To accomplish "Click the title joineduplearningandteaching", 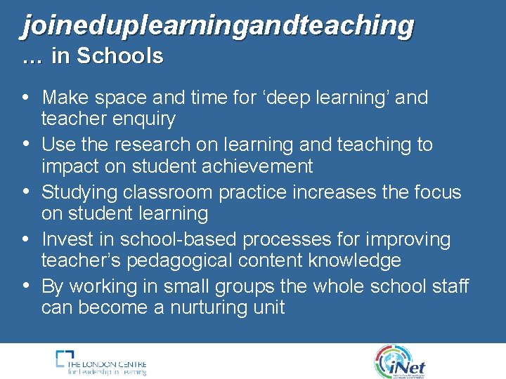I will coord(218,25).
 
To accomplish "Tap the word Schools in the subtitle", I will coord(119,56).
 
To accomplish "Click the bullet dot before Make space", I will coord(26,97).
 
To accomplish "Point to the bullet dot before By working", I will coord(26,286).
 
